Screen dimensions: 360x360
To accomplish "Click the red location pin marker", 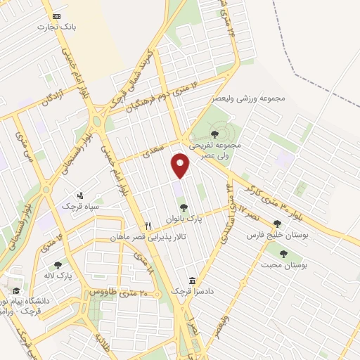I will pyautogui.click(x=181, y=165).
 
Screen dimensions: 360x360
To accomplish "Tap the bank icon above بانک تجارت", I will pyautogui.click(x=57, y=15).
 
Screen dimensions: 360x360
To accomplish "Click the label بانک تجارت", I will pyautogui.click(x=57, y=26).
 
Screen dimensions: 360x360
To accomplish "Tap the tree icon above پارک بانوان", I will pyautogui.click(x=184, y=207).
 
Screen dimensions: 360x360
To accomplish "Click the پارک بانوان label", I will pyautogui.click(x=184, y=219).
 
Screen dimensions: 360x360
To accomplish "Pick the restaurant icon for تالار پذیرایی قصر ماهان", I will pyautogui.click(x=148, y=226).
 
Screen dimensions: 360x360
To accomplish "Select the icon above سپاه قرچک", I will pyautogui.click(x=80, y=195).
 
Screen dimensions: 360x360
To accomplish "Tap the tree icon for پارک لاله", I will pyautogui.click(x=58, y=264).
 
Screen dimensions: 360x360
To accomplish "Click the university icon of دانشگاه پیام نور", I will pyautogui.click(x=15, y=290).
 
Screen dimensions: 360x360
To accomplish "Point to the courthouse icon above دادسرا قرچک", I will pyautogui.click(x=193, y=280).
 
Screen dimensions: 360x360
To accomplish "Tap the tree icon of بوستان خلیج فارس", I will pyautogui.click(x=277, y=224).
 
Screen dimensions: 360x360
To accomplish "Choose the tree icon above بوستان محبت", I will pyautogui.click(x=283, y=254).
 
